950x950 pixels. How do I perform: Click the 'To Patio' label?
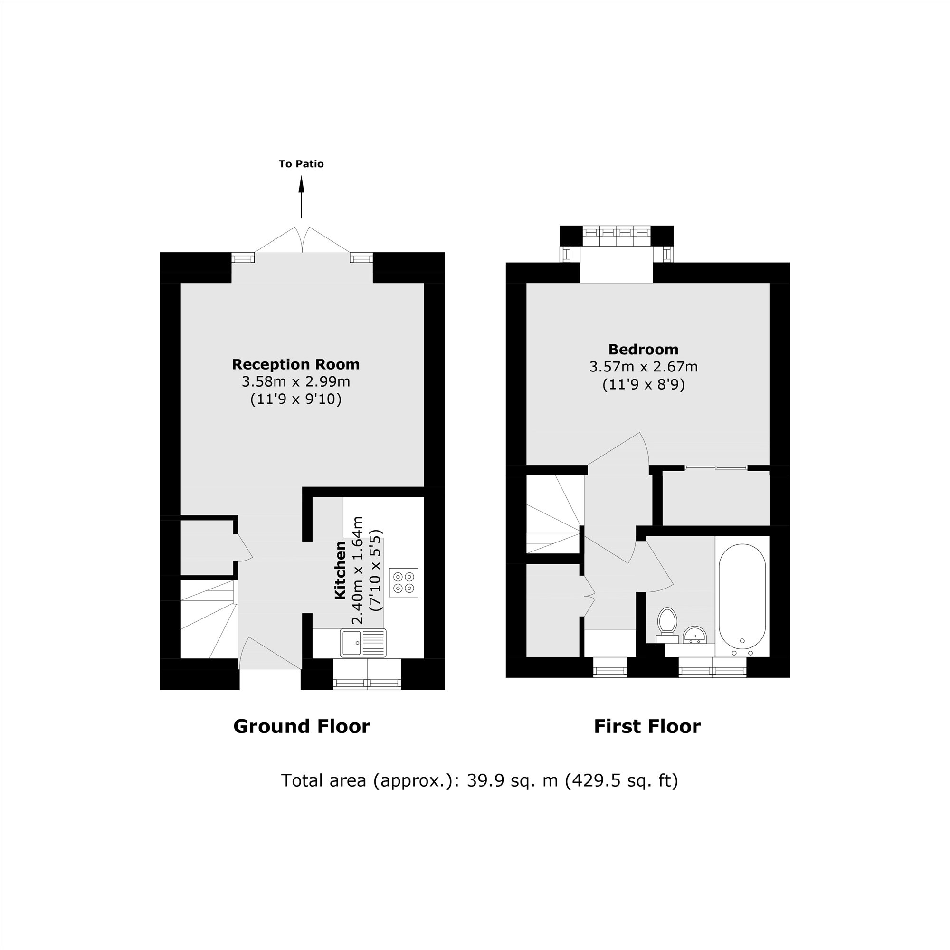coord(301,164)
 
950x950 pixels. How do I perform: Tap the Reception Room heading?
coord(295,364)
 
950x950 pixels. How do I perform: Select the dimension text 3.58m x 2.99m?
coord(295,381)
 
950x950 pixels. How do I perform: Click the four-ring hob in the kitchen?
coord(403,582)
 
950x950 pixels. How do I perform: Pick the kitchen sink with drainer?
coord(363,643)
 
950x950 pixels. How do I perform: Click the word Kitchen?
coord(340,570)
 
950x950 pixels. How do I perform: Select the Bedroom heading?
coord(643,350)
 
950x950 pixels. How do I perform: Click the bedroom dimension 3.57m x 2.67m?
coord(643,367)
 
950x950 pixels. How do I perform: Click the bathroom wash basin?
coord(694,635)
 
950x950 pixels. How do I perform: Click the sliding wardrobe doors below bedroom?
coord(716,467)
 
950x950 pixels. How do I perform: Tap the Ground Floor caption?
coord(302,726)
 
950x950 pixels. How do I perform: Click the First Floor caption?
coord(646,726)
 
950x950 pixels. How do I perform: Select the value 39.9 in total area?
coord(480,780)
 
